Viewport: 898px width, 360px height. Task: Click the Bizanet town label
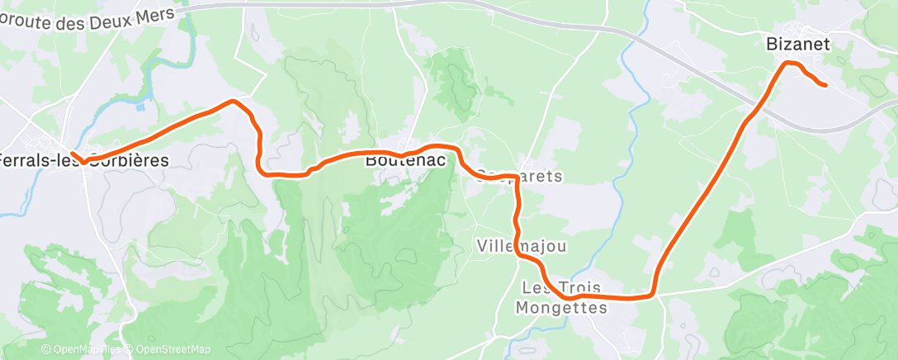[x=797, y=44]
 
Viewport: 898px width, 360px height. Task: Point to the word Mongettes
[x=560, y=307]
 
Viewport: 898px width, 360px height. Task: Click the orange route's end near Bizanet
[x=825, y=85]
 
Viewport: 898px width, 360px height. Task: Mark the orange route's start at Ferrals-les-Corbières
[x=73, y=154]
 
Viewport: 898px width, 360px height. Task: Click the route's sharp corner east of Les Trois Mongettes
[x=653, y=291]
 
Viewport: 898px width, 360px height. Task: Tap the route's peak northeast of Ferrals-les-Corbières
[x=234, y=101]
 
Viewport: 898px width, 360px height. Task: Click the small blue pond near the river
[x=140, y=107]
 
